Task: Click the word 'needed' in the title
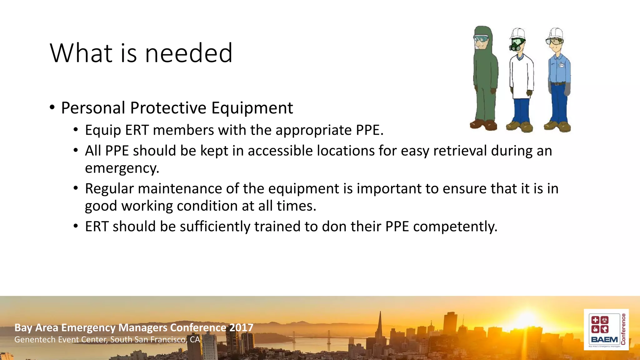point(189,53)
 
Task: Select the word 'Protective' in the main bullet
point(168,108)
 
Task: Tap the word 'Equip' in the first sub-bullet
point(103,130)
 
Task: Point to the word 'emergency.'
point(122,168)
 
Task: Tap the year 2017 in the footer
point(241,327)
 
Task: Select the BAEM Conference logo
point(606,330)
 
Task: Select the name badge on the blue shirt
point(561,65)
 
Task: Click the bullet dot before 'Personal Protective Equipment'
point(52,107)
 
